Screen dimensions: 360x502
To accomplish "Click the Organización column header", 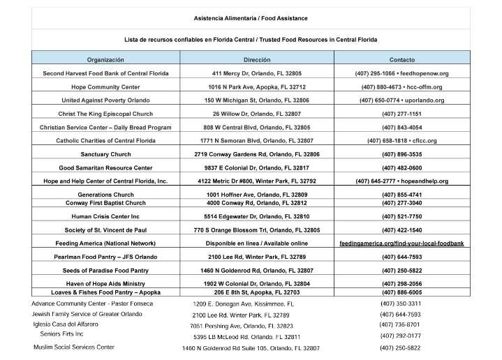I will (105, 60).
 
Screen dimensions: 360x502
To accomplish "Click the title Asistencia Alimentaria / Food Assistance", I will (251, 17).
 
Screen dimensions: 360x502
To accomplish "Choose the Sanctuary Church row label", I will (105, 154).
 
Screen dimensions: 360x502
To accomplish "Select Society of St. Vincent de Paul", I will (105, 230).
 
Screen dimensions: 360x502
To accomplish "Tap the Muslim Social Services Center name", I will (74, 347).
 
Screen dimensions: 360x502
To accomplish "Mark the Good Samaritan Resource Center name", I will (105, 167).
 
